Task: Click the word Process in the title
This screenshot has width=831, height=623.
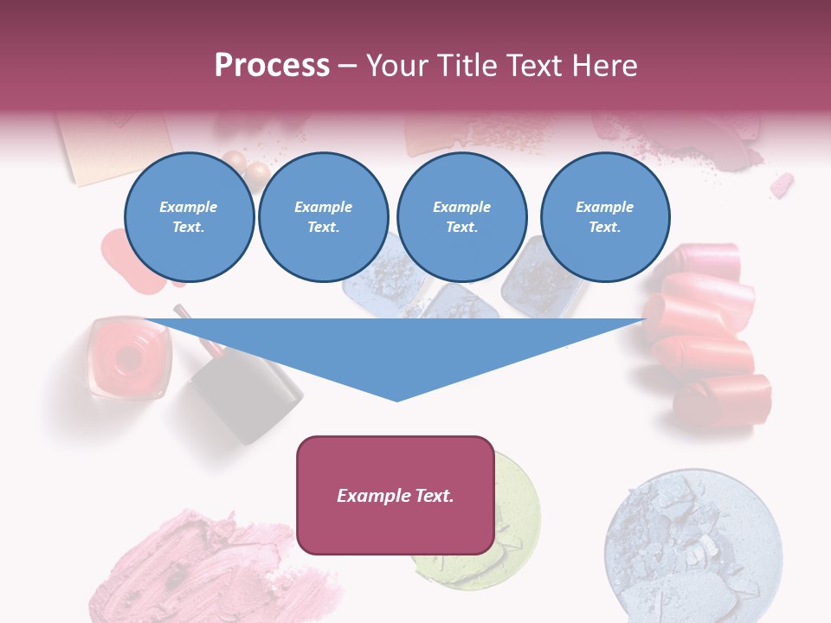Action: [272, 66]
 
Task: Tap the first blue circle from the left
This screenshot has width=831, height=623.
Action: [189, 217]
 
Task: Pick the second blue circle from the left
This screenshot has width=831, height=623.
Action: [323, 217]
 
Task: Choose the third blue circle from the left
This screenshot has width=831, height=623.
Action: [461, 217]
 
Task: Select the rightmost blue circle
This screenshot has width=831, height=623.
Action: [604, 217]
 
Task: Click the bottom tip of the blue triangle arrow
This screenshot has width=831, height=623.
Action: [396, 399]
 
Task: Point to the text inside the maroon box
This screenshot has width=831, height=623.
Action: [396, 496]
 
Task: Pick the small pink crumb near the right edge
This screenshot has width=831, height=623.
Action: [782, 184]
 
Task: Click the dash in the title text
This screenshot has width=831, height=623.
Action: [347, 66]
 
